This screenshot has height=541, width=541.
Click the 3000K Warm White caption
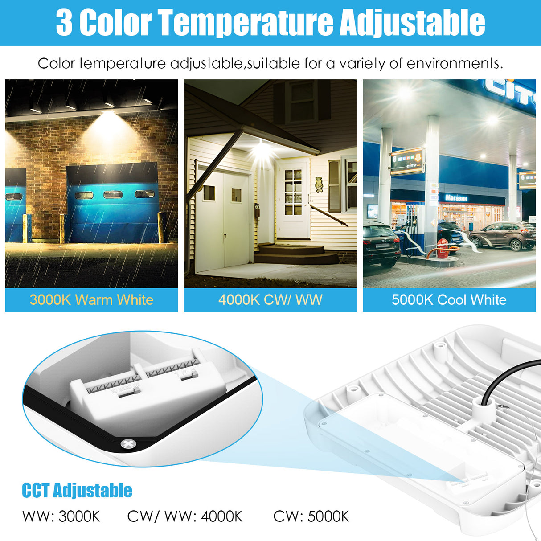pyautogui.click(x=91, y=299)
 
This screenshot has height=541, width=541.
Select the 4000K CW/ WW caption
pyautogui.click(x=270, y=299)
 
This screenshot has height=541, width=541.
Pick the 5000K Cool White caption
pyautogui.click(x=449, y=299)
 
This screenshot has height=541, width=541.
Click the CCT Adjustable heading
pyautogui.click(x=77, y=490)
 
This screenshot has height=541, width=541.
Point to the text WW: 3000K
pyautogui.click(x=61, y=516)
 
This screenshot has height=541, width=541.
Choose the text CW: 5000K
pyautogui.click(x=311, y=516)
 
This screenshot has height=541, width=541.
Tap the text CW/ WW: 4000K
pyautogui.click(x=185, y=516)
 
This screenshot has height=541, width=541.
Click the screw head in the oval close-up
pyautogui.click(x=128, y=443)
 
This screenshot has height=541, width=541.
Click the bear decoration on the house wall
pyautogui.click(x=319, y=184)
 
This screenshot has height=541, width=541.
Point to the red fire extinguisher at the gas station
pyautogui.click(x=442, y=248)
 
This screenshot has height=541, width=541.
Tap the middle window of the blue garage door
pyautogui.click(x=113, y=194)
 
